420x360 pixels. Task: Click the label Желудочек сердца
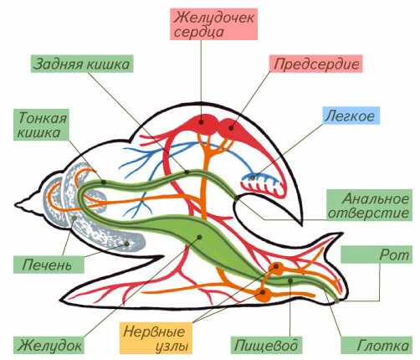(x=213, y=24)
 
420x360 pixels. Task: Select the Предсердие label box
(x=315, y=64)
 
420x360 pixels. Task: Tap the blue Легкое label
(x=351, y=116)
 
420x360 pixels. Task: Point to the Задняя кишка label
(x=82, y=64)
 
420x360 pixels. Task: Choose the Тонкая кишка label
(x=41, y=125)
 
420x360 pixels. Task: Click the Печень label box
(x=49, y=265)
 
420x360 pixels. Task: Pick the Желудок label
(x=49, y=345)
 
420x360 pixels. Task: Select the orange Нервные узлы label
(x=156, y=338)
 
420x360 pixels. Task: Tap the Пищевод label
(x=267, y=345)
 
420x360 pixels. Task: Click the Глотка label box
(x=376, y=345)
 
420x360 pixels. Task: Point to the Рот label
(x=376, y=255)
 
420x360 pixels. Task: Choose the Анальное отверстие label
(x=369, y=205)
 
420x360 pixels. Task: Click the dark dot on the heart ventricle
(x=202, y=122)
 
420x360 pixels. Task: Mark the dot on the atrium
(x=231, y=128)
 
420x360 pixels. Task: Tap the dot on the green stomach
(x=199, y=237)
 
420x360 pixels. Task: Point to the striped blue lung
(x=262, y=184)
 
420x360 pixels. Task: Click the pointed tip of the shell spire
(x=16, y=205)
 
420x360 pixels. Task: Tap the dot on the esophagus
(x=290, y=280)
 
